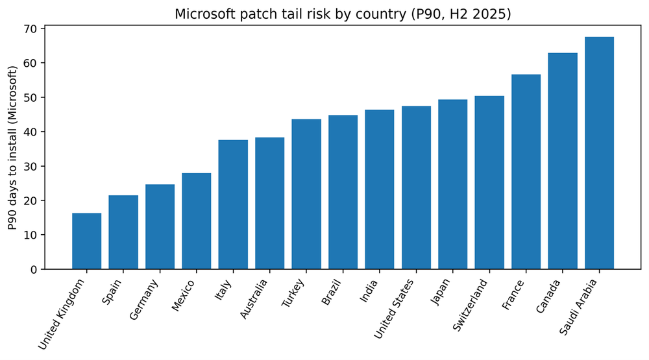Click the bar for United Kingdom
point(86,241)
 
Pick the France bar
point(526,172)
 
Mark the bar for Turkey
point(306,194)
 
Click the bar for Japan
point(452,184)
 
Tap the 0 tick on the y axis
point(34,269)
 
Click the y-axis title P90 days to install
point(12,148)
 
